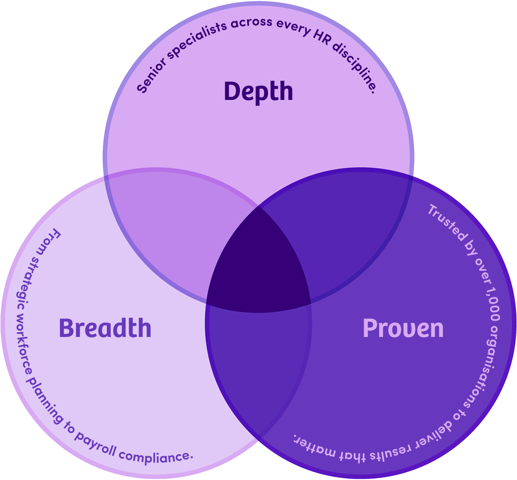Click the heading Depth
[258, 91]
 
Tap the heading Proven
[403, 328]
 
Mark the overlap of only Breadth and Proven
[258, 353]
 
